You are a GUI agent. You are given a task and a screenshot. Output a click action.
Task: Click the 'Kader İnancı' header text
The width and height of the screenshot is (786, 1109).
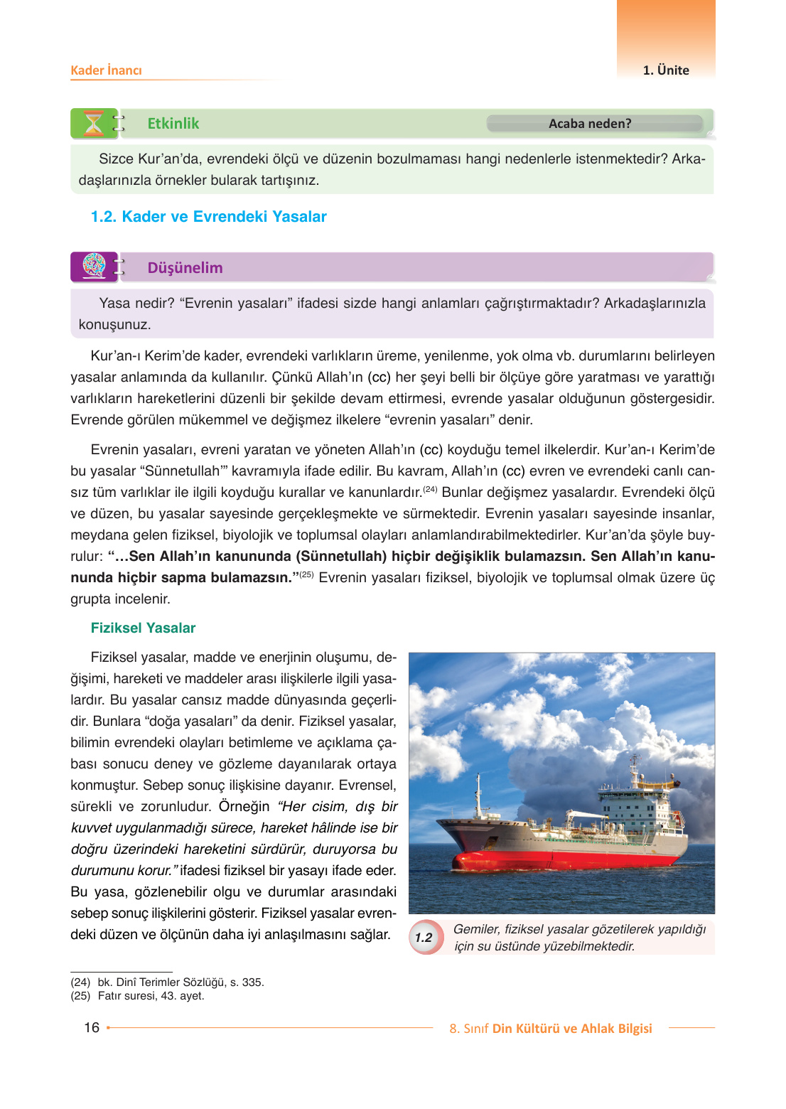click(106, 70)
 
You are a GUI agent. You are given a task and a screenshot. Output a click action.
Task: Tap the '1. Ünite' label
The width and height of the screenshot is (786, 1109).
click(666, 70)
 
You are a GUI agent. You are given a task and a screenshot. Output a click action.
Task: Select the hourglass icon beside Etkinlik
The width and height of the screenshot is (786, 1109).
click(93, 124)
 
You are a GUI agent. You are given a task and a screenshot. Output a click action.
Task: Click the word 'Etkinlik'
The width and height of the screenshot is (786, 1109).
click(173, 124)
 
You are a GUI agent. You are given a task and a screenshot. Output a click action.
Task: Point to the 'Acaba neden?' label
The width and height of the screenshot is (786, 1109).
click(590, 124)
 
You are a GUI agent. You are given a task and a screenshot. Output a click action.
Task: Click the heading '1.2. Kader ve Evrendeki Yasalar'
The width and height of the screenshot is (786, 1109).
click(208, 217)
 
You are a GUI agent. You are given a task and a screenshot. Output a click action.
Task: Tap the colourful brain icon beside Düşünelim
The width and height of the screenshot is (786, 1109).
click(94, 267)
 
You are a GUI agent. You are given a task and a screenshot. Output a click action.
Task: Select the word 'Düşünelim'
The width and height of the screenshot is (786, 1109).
click(185, 268)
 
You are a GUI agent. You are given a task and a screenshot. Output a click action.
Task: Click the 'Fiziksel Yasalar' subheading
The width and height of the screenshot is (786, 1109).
click(143, 628)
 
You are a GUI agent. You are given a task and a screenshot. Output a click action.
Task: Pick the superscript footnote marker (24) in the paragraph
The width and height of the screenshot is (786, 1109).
click(430, 489)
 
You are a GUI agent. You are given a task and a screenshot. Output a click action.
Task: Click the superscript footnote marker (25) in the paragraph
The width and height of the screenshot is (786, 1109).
click(306, 574)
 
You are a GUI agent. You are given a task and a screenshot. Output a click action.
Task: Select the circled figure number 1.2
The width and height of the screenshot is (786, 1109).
click(424, 938)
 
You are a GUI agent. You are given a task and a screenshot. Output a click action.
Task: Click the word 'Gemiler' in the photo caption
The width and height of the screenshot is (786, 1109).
click(476, 929)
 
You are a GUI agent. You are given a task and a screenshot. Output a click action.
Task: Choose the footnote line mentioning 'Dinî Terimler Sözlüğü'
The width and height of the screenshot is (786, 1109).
click(167, 982)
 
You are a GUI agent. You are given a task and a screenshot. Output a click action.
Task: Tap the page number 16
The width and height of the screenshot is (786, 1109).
click(92, 1027)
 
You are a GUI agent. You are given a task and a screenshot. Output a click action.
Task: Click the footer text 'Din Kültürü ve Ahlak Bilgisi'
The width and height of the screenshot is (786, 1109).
click(572, 1029)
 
